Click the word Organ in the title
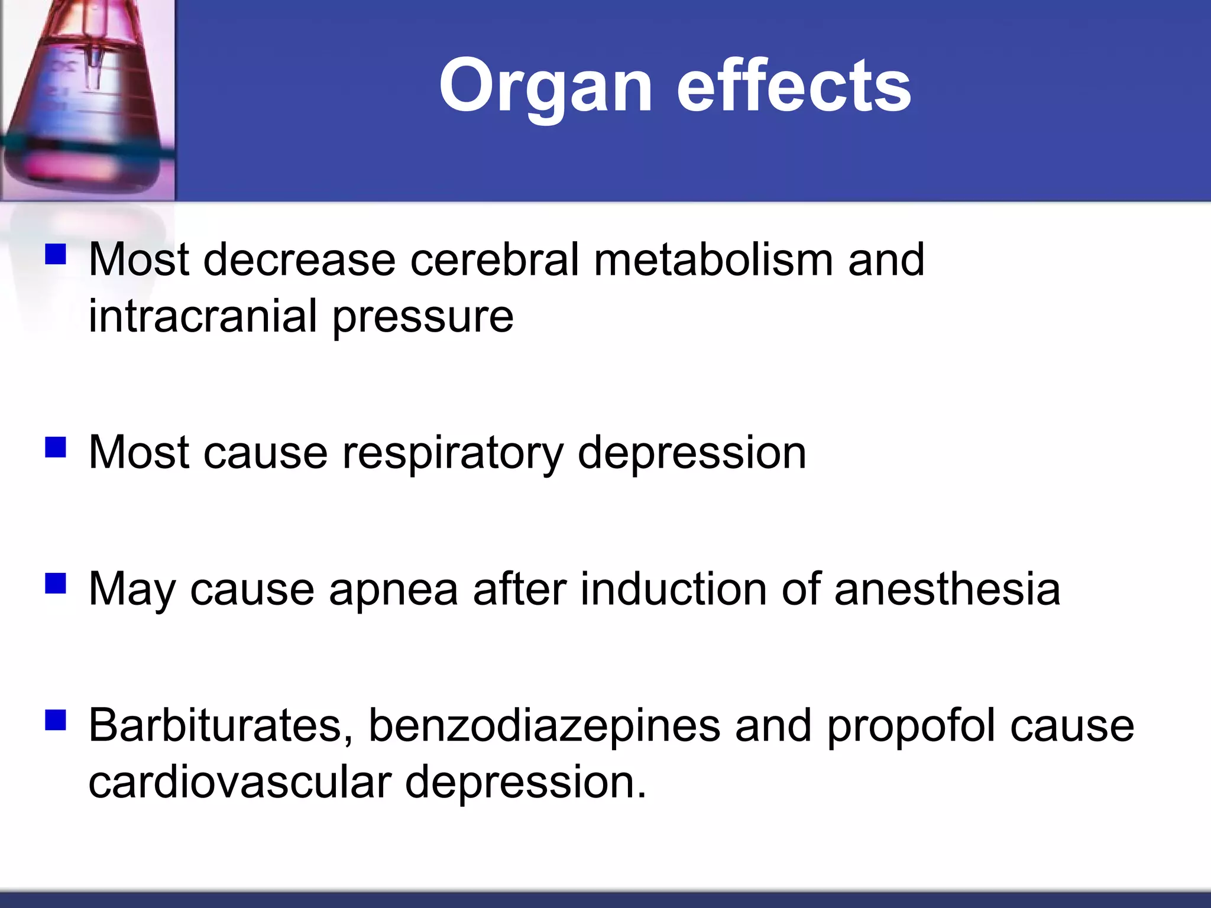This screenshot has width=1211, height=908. [x=545, y=87]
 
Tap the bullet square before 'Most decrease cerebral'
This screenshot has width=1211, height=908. [x=55, y=255]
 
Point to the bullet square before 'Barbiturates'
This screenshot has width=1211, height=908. [x=55, y=721]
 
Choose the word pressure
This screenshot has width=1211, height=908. [x=423, y=317]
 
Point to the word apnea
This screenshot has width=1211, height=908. [x=393, y=590]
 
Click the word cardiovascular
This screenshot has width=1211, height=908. [x=239, y=781]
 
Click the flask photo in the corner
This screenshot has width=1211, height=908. [x=88, y=99]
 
